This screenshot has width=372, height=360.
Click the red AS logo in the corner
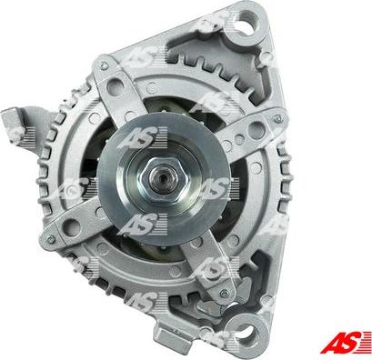coord(346,343)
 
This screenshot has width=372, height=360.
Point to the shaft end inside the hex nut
coord(164,179)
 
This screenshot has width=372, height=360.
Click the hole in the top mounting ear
coord(248,20)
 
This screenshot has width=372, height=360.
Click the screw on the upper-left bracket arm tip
coord(105,65)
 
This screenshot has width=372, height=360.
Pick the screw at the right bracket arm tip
coord(278,119)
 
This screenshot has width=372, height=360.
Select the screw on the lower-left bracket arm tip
coord(51,239)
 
